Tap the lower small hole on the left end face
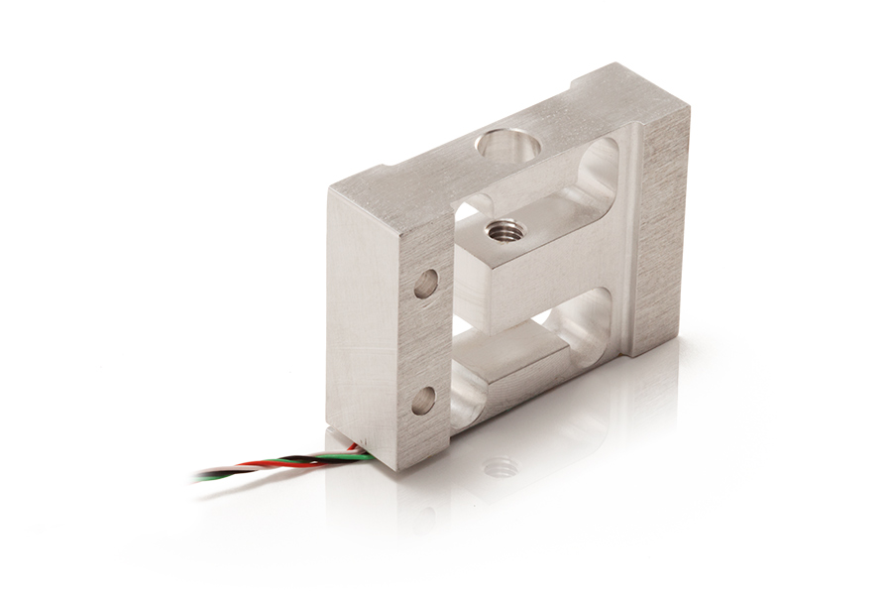tap(423, 400)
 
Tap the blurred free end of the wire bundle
tap(203, 476)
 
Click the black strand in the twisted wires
tap(297, 459)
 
